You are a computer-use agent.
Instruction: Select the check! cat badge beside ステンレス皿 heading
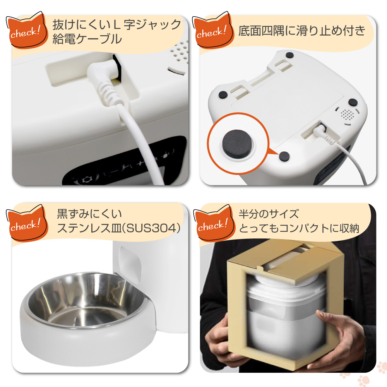(26, 223)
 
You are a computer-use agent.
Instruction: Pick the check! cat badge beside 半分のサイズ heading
(214, 223)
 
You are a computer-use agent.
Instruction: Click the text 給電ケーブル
(87, 39)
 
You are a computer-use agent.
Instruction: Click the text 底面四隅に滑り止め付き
(301, 31)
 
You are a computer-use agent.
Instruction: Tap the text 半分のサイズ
(269, 214)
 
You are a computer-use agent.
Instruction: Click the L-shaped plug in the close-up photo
(104, 79)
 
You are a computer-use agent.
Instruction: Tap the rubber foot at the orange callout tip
(284, 156)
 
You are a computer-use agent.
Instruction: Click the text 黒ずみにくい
(89, 214)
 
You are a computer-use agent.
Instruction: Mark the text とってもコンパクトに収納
(299, 228)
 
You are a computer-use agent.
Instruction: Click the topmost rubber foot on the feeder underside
(290, 55)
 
